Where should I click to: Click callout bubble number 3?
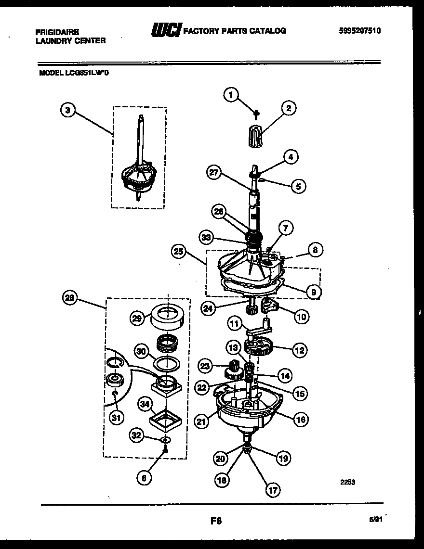[68, 110]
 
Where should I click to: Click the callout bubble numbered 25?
[178, 251]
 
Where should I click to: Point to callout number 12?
[300, 350]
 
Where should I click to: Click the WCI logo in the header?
[166, 31]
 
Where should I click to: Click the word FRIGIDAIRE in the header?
[57, 31]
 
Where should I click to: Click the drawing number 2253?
[347, 482]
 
